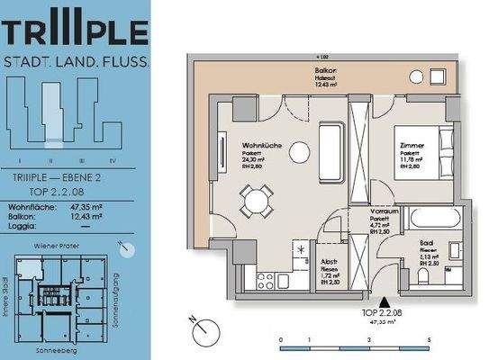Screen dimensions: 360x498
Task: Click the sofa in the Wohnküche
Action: (x=330, y=144)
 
